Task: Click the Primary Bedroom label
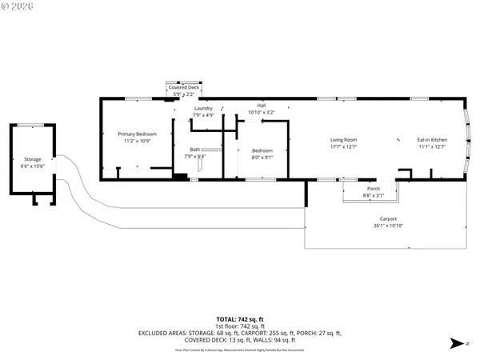click(137, 134)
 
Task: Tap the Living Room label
click(343, 140)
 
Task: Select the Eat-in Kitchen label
click(432, 140)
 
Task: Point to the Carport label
click(388, 218)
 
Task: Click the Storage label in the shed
click(32, 159)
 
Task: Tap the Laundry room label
click(203, 108)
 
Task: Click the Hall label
click(261, 106)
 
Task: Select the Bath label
click(194, 150)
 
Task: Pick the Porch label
click(374, 189)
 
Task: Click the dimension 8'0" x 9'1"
click(262, 157)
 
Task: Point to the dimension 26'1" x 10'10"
click(388, 226)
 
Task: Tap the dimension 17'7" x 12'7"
click(343, 147)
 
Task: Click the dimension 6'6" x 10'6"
click(32, 166)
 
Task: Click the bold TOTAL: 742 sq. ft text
click(239, 319)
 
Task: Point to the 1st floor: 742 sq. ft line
click(239, 326)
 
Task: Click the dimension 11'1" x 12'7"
click(432, 147)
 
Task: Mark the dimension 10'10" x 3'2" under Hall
click(261, 113)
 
